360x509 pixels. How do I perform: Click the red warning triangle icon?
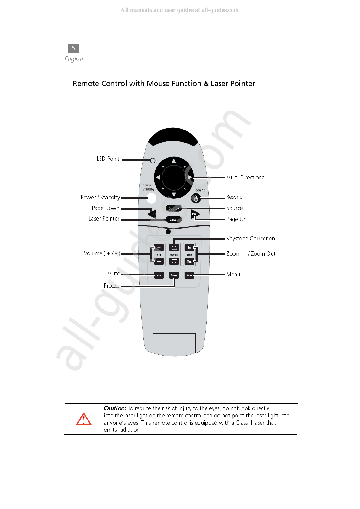tap(84, 419)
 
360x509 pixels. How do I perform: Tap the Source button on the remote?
tap(174, 208)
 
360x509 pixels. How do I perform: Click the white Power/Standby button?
tap(151, 198)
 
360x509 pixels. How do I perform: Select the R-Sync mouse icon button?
tap(196, 198)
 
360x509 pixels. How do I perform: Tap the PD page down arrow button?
tap(152, 214)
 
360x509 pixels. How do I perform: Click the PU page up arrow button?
tap(195, 214)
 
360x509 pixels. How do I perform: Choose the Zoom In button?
tap(189, 247)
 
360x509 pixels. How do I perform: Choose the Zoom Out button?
tap(189, 261)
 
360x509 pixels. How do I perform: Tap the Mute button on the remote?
tap(159, 275)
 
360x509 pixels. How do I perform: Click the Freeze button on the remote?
tap(174, 275)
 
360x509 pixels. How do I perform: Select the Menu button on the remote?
tap(189, 275)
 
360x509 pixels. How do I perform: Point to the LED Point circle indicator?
tap(153, 160)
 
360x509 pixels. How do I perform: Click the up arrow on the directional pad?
tap(174, 161)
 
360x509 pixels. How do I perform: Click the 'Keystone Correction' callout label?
tap(251, 239)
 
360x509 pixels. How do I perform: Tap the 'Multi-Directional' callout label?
tap(246, 177)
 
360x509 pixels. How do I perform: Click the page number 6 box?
tap(74, 48)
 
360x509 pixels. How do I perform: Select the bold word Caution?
tap(115, 408)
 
